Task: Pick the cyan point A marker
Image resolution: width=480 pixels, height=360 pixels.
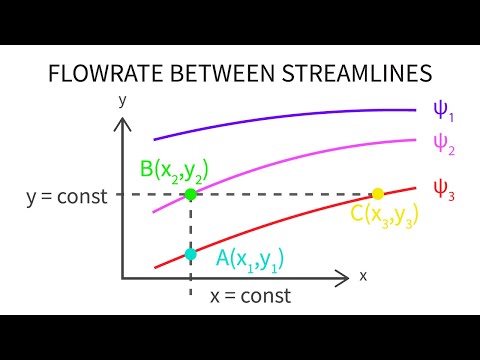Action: tap(190, 253)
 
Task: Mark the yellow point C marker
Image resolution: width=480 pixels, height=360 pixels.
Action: tap(377, 194)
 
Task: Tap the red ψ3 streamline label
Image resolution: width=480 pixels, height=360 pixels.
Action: tap(442, 187)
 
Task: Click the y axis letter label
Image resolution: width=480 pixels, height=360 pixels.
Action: tap(121, 100)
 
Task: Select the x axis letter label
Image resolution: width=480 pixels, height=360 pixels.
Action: tap(363, 275)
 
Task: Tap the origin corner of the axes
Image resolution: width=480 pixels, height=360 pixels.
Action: tap(123, 276)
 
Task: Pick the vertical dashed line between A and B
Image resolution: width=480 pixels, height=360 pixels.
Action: tap(190, 224)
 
